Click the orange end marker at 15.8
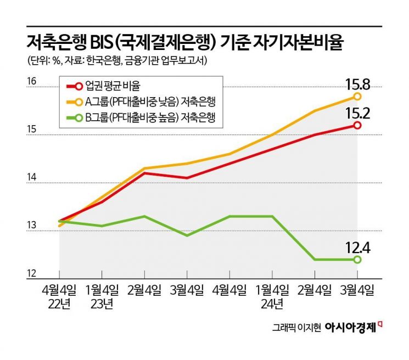(x=357, y=96)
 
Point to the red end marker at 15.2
(x=357, y=125)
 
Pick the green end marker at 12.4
(x=357, y=260)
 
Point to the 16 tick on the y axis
(x=32, y=82)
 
